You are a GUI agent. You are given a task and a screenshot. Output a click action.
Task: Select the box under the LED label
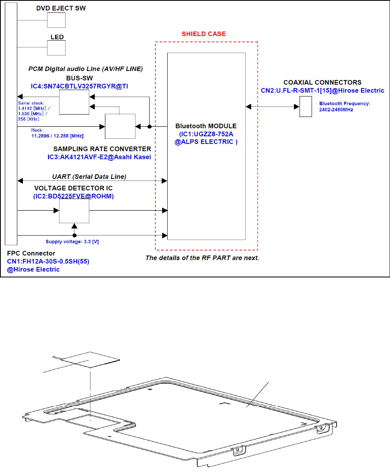click(x=56, y=47)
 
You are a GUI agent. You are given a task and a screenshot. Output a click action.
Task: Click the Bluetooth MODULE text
click(x=206, y=126)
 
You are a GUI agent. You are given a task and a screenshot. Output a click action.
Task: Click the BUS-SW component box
click(x=74, y=102)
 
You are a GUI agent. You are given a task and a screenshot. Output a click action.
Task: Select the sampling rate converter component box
click(x=120, y=126)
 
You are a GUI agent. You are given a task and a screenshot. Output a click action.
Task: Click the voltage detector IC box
click(x=74, y=211)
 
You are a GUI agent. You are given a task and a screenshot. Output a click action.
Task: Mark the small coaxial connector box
click(x=306, y=107)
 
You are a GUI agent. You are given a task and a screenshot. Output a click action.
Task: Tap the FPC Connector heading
click(x=31, y=254)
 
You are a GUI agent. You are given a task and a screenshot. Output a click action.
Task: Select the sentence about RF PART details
click(x=202, y=258)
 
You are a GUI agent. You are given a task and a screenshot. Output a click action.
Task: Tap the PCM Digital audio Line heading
click(x=85, y=69)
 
